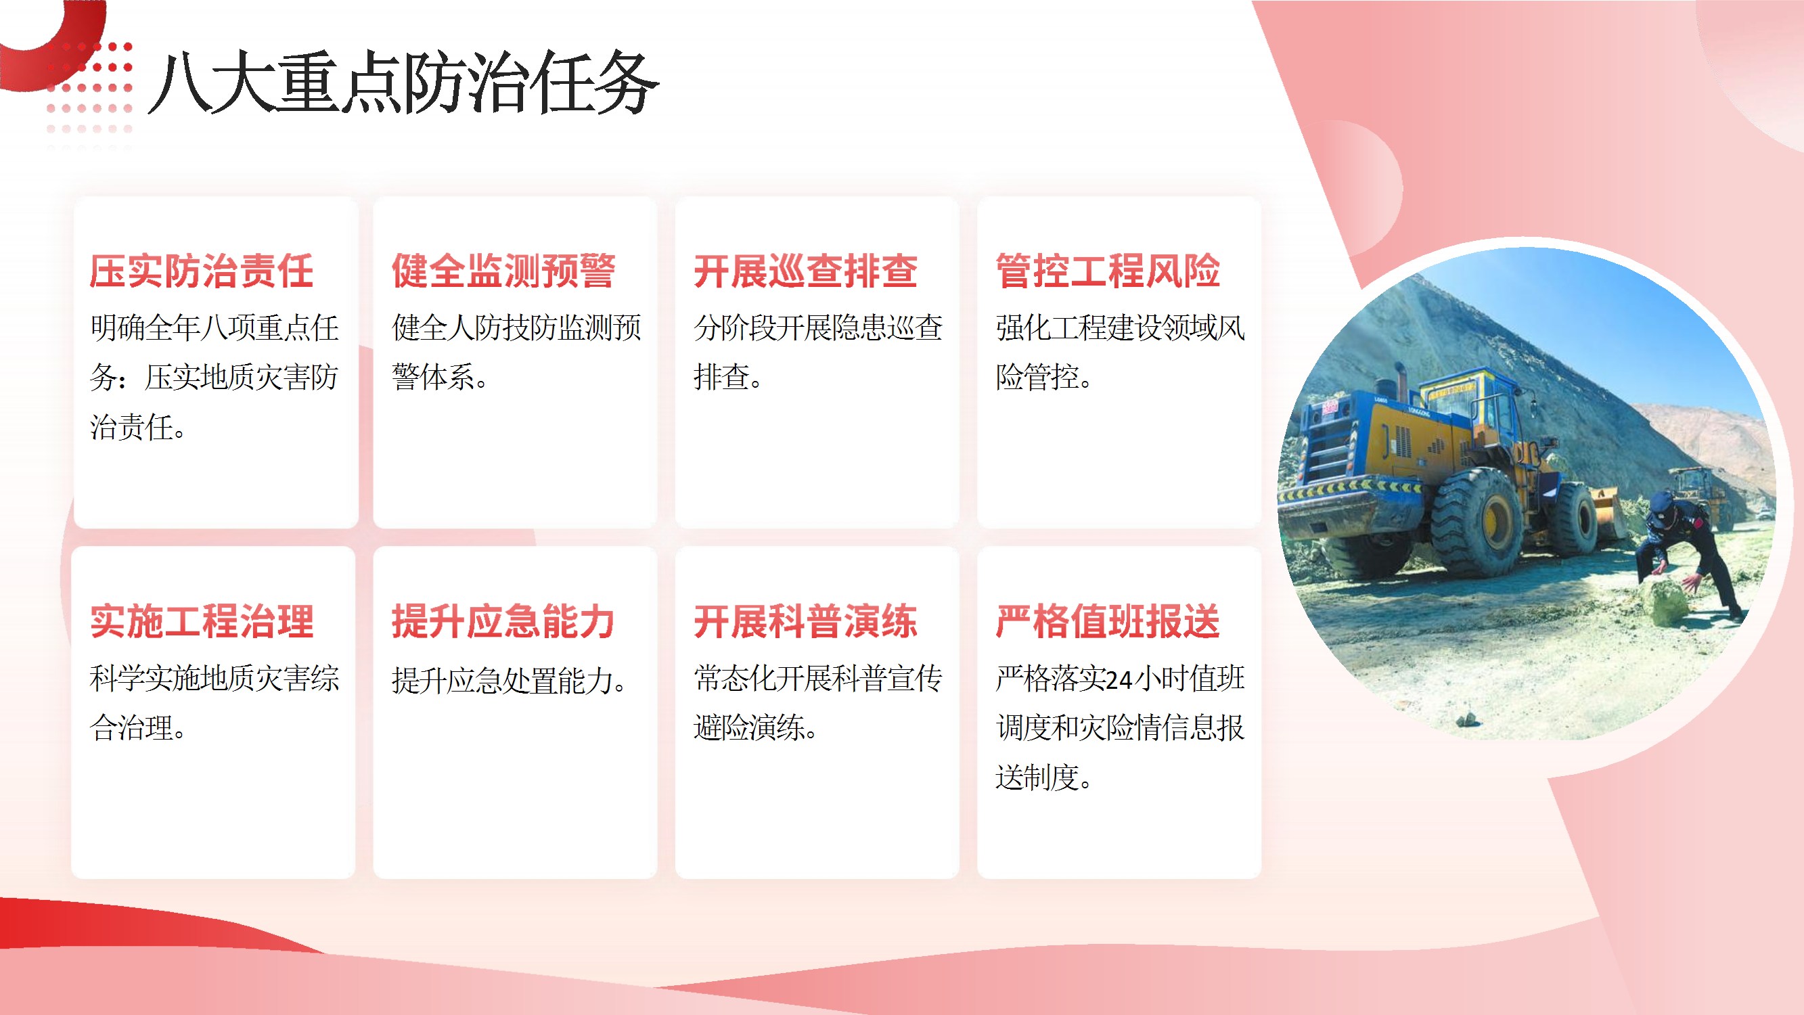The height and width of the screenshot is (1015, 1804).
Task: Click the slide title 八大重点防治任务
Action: click(403, 83)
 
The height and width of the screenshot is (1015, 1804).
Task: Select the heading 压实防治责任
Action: click(202, 271)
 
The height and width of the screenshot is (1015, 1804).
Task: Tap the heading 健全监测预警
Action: click(503, 271)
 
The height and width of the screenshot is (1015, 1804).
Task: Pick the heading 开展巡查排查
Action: click(805, 271)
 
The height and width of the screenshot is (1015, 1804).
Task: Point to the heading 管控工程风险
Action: click(1107, 271)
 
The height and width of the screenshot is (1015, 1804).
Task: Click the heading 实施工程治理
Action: click(202, 621)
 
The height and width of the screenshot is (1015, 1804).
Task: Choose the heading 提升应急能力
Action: click(503, 621)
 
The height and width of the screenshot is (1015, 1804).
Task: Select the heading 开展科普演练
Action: click(805, 621)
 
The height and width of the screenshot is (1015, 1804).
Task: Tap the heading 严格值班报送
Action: click(1107, 621)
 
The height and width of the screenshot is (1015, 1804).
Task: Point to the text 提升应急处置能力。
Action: click(510, 680)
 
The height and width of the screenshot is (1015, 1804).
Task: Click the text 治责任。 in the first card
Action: click(138, 427)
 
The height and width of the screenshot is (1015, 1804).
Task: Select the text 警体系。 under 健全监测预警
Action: click(440, 378)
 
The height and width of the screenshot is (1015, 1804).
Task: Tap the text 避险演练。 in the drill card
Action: click(756, 728)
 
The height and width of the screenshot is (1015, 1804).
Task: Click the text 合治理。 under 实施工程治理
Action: click(138, 728)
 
